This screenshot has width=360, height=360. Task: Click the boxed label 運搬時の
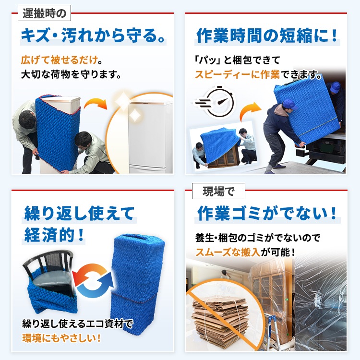[44, 13]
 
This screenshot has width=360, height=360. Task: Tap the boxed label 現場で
[218, 191]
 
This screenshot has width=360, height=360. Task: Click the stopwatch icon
[216, 102]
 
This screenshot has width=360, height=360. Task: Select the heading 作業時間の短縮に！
[267, 36]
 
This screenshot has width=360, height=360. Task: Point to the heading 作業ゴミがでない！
[267, 213]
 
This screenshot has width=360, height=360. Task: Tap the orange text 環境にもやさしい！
[61, 338]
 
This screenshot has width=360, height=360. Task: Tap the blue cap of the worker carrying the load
[290, 104]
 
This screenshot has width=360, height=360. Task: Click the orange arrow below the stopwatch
[249, 111]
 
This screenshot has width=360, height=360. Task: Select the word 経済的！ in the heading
[54, 235]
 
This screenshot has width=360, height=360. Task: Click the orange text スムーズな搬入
[228, 252]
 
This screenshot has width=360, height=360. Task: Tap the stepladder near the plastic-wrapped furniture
[272, 330]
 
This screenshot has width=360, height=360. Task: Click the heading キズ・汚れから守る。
[93, 36]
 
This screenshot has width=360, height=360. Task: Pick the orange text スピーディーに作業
[237, 74]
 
